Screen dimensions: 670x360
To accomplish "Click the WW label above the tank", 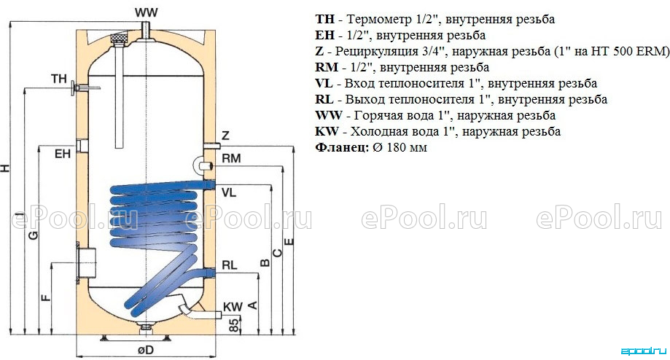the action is coord(147,13).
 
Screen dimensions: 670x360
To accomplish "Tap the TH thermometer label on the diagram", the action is coord(59,79).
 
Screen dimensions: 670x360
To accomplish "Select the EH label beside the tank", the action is coord(63,154).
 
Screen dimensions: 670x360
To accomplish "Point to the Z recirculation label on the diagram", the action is coord(225,136).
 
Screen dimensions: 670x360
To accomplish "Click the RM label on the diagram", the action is coord(232,158).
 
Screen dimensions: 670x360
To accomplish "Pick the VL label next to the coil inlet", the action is coord(229,192).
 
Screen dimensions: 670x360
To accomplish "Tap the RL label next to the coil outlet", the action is coord(230,265).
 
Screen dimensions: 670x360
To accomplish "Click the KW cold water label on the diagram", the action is coord(233,307).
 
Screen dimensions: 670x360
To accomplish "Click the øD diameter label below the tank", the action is coord(146,351).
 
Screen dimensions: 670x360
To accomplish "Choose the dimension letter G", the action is coord(33,235).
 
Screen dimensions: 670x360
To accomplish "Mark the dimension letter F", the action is coord(46,297).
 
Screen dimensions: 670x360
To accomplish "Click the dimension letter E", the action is coord(289,241).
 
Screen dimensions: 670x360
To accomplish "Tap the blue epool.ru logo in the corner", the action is coord(643,351).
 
